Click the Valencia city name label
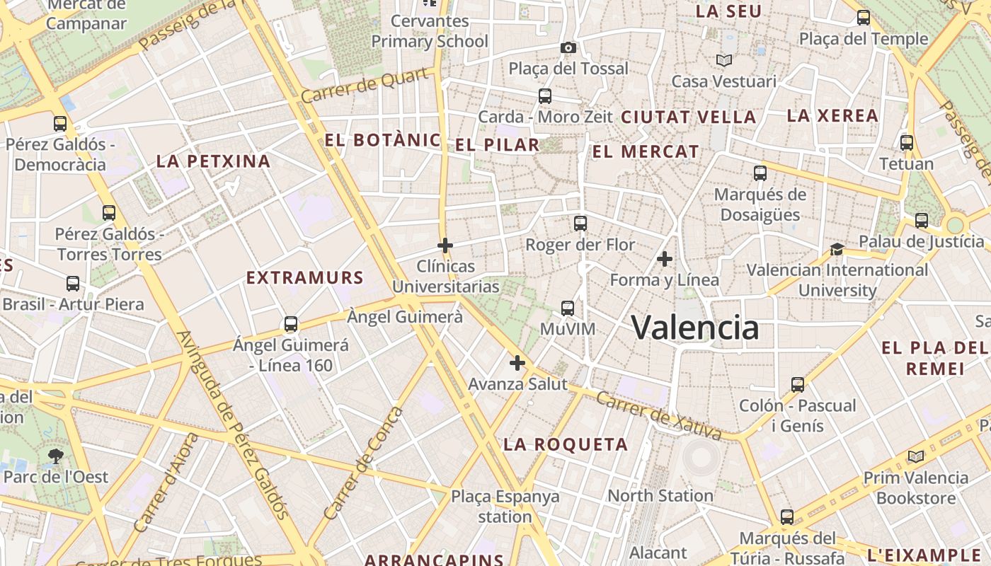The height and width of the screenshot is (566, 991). point(694,328)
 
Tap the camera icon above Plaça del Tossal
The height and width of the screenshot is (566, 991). point(568,48)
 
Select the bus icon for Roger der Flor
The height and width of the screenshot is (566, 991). point(580,224)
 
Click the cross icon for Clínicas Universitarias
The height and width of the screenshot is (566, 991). point(445,246)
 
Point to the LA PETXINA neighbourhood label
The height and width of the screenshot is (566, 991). point(214,161)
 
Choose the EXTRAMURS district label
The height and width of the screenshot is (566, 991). point(304,278)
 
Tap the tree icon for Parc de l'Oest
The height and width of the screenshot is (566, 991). point(55,456)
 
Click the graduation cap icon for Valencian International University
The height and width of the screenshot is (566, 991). point(837,249)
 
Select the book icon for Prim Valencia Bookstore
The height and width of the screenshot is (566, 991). point(916,457)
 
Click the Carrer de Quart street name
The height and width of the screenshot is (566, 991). point(367,86)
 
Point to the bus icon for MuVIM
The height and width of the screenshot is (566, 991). point(568,308)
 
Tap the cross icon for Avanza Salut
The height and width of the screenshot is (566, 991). point(517,363)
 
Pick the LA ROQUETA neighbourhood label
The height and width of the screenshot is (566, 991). point(566,444)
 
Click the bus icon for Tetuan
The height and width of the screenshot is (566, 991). point(907,143)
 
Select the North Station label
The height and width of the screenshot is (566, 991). point(660,496)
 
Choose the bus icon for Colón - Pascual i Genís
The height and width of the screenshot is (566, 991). point(798,385)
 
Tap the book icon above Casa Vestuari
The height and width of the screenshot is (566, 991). point(723,61)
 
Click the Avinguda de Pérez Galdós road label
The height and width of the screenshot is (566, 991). point(234,425)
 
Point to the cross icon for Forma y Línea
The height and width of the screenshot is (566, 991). point(664,259)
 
